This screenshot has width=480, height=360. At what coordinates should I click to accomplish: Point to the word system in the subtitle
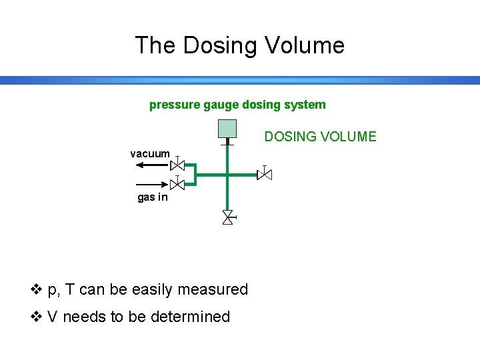tap(307, 105)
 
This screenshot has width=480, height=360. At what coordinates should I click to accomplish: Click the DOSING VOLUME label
tap(320, 137)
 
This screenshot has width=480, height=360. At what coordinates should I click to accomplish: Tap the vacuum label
tap(150, 153)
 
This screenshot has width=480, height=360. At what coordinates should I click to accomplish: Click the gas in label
tap(153, 197)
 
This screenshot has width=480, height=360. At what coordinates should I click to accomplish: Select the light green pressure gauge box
tap(227, 129)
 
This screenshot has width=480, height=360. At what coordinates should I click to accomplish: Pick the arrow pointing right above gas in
tap(151, 184)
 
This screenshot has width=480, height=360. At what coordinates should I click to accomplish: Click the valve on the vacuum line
tap(177, 165)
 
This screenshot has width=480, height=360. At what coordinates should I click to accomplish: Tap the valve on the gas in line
tap(177, 185)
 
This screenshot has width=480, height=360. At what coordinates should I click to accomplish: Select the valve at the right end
tap(265, 175)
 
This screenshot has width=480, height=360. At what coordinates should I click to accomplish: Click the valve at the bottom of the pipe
tap(227, 217)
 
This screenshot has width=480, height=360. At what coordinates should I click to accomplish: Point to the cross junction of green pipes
tap(227, 175)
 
